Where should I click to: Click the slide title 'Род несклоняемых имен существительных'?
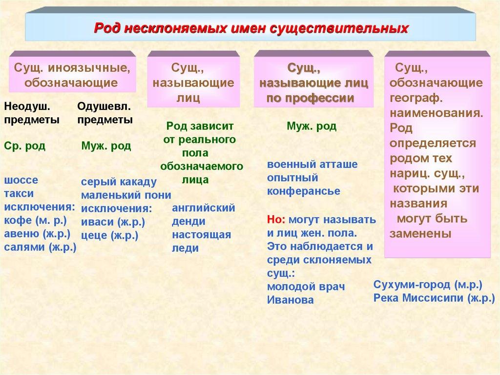tap(250, 28)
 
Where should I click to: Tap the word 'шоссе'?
tap(21, 180)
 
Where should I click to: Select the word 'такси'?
tap(19, 194)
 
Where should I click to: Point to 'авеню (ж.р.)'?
tap(37, 234)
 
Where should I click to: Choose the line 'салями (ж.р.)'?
tap(40, 247)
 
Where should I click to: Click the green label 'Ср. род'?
tap(24, 146)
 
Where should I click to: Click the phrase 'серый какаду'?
tap(119, 182)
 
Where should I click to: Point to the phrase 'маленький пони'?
tap(126, 196)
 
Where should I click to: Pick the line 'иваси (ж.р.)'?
tap(113, 222)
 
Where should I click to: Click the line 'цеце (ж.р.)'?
tap(109, 236)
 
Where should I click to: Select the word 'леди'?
tap(185, 248)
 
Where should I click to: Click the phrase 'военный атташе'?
tap(312, 164)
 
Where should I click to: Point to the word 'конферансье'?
tap(303, 191)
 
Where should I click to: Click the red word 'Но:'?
tap(276, 219)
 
